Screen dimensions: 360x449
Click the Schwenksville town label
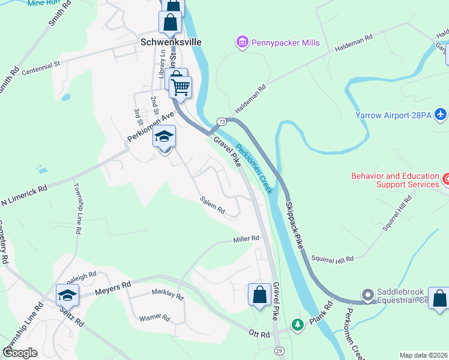coord(170,43)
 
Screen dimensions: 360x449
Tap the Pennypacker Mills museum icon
coord(242,43)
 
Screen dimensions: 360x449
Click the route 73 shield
coord(221,121)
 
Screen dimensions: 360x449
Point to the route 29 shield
coord(279,350)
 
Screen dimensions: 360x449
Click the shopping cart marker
coord(180,87)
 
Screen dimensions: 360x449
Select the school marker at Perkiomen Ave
coord(164,136)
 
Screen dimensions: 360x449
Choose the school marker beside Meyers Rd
coord(67,295)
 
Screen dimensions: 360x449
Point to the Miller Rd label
coord(246,239)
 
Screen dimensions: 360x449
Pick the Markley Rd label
coord(167,295)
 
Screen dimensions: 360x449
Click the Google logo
coord(20,353)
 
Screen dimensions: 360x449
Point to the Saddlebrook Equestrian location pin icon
coord(367,295)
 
